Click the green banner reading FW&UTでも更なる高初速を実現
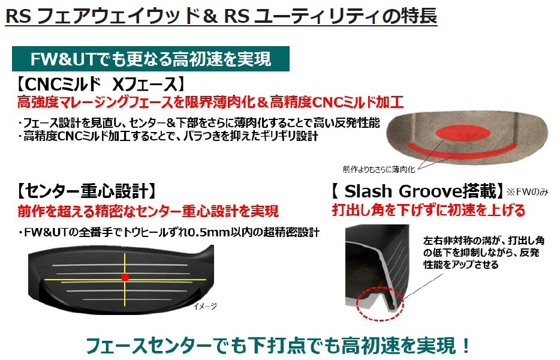click(150, 59)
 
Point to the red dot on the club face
click(125, 277)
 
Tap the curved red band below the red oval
click(462, 148)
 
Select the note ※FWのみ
click(528, 193)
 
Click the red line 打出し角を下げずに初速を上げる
click(429, 211)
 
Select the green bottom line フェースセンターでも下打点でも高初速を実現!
click(279, 345)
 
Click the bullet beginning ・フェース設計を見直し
click(198, 123)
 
